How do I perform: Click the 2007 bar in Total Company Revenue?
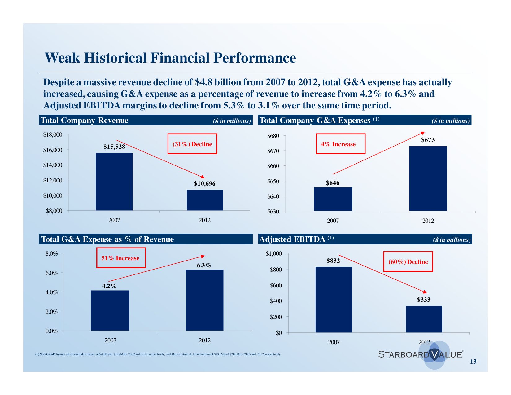coord(114,182)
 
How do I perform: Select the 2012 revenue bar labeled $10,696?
coord(205,200)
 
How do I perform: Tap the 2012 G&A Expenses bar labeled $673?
coord(428,178)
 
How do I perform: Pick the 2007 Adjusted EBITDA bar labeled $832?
coord(334,299)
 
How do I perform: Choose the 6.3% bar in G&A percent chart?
coord(204,300)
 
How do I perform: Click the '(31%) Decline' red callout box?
coord(192,144)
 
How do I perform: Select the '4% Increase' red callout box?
coord(340,144)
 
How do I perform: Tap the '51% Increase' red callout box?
coord(121,258)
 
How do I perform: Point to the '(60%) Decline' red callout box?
coord(408,262)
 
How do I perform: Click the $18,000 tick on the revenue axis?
coord(53,135)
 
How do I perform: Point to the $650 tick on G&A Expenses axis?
coord(273,181)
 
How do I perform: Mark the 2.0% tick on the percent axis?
coord(52,312)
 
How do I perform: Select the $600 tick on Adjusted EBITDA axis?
coord(276,285)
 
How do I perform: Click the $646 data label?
coord(333,183)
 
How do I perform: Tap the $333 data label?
coord(423,300)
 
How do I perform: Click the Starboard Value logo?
coord(421,354)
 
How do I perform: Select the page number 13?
coord(473,362)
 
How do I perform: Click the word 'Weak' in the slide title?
coord(62,58)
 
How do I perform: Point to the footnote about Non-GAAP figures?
coord(158,354)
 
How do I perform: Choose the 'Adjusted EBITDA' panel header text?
coord(292,239)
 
